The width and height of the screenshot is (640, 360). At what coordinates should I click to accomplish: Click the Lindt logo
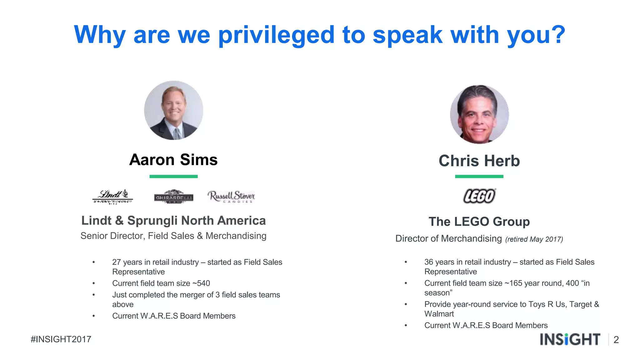[113, 197]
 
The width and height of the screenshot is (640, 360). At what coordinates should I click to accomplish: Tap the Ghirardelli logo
[173, 197]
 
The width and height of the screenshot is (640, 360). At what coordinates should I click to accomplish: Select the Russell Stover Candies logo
[231, 197]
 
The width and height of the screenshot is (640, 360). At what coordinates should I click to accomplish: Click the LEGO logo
[479, 196]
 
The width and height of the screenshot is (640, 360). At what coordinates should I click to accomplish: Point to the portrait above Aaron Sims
[173, 110]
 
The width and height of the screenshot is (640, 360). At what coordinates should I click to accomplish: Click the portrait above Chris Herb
[479, 114]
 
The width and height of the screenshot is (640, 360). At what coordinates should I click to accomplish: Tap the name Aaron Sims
[173, 160]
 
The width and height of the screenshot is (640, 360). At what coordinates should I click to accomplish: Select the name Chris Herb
[479, 161]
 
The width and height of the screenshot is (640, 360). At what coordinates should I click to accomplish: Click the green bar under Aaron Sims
[173, 177]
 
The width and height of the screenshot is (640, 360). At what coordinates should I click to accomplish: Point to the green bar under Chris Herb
[479, 177]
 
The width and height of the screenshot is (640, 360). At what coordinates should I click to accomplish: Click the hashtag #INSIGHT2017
[61, 339]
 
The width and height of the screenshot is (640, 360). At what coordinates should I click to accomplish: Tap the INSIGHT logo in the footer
[570, 339]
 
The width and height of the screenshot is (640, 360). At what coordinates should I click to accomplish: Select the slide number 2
[616, 340]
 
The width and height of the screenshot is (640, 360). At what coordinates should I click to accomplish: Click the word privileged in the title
[276, 35]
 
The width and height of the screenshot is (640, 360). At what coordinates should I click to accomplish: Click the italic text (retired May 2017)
[534, 239]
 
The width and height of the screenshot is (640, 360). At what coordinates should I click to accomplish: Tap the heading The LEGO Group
[479, 222]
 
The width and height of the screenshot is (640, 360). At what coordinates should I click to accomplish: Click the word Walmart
[439, 314]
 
